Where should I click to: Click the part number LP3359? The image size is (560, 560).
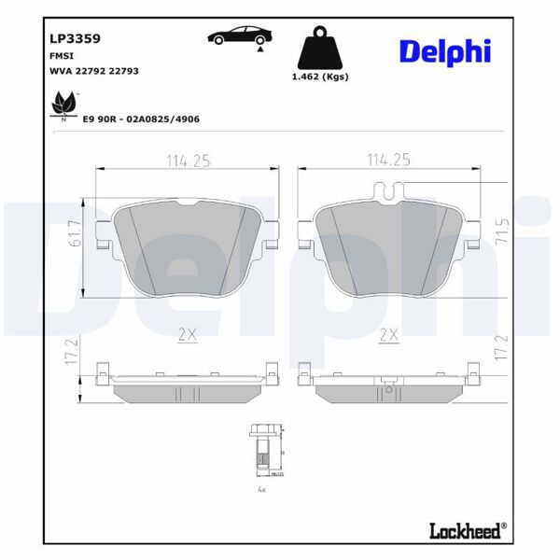[x=75, y=39]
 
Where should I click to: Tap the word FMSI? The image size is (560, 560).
[x=61, y=56]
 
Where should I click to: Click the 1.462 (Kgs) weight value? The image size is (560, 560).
[x=319, y=77]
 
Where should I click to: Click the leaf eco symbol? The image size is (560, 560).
[x=63, y=104]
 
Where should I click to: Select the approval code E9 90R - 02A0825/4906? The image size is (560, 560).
[x=141, y=119]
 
